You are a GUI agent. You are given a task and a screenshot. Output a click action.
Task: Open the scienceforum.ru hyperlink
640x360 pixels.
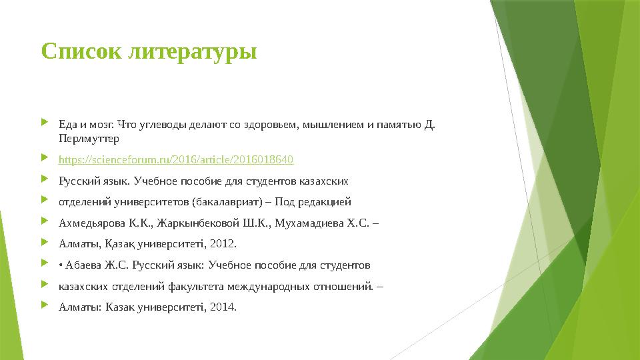tap(176, 160)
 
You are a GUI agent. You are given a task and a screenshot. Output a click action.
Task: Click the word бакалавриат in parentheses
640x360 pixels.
tap(224, 202)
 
